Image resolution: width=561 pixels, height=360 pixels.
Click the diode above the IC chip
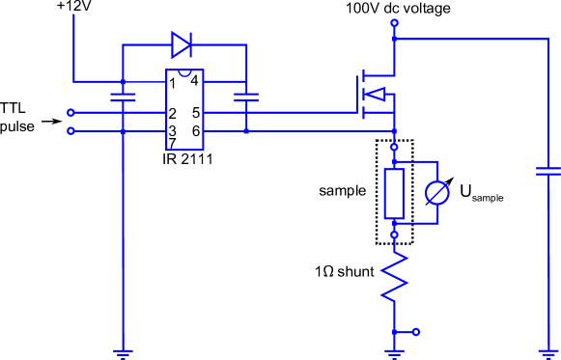coord(182,44)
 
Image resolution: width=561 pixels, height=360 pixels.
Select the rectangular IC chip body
coord(184,110)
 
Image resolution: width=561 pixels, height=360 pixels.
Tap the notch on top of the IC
coord(184,72)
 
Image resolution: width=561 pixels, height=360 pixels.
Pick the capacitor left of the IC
coord(123,97)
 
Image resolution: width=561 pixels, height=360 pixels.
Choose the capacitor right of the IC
coord(246,97)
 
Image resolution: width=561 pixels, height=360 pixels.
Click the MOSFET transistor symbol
coord(375,95)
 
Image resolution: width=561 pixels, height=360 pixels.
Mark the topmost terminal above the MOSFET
coord(394,22)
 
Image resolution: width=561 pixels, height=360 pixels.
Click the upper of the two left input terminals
coord(70,113)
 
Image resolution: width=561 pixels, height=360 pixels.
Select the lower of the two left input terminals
coord(70,130)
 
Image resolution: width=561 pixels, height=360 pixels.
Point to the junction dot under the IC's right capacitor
coord(246,130)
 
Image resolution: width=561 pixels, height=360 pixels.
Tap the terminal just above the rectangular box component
coord(394,147)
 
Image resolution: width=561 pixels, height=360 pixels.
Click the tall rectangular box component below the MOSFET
coord(393,193)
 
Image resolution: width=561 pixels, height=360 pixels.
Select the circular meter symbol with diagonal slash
coord(437,193)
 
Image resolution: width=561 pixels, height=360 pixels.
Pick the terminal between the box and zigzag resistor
coord(394,235)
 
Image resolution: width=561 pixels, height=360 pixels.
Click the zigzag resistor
coord(394,278)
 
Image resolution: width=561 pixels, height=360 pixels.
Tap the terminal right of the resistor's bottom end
coord(416,332)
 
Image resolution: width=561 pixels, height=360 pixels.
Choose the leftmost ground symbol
coord(123,353)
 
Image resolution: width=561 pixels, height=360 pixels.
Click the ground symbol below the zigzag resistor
coord(394,353)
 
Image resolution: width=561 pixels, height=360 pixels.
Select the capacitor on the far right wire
coord(548,172)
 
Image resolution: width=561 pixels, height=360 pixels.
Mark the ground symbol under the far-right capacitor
coord(548,353)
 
